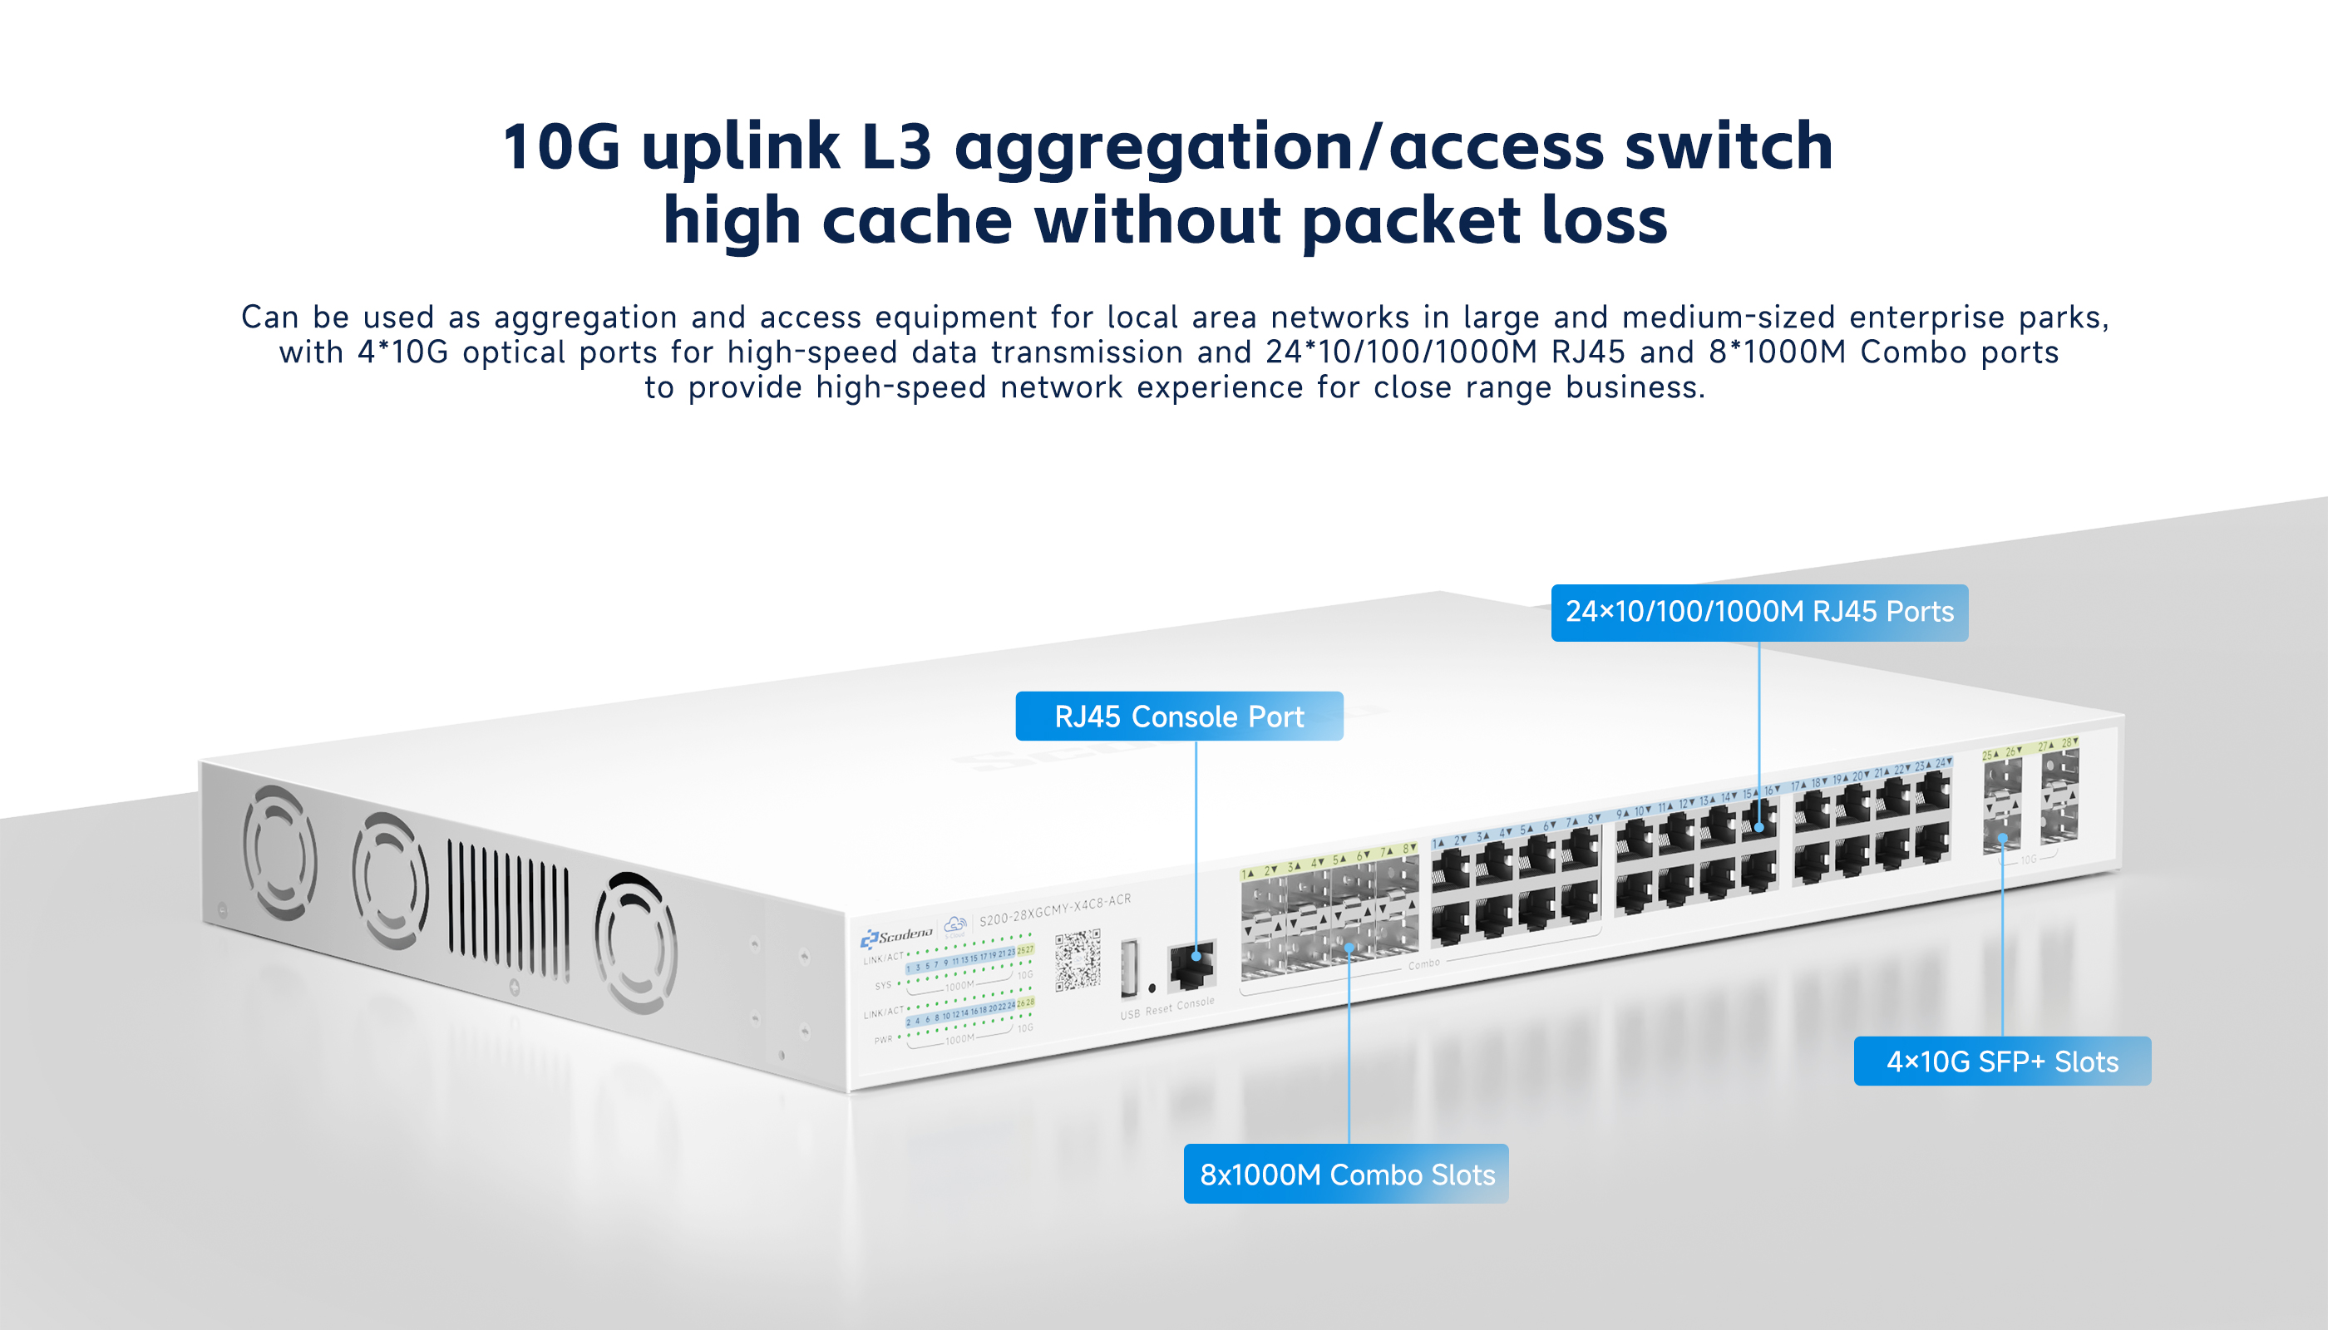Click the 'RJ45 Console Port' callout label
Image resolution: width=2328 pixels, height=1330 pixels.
(x=1179, y=717)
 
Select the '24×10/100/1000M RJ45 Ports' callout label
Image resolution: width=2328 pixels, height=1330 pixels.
(x=1758, y=612)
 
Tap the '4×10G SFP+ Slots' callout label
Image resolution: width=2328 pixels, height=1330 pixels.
(x=2002, y=1062)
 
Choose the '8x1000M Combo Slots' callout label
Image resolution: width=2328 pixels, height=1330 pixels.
(x=1347, y=1174)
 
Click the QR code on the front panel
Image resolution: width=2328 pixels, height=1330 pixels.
(x=1078, y=959)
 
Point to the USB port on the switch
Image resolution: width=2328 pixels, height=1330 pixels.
(x=1129, y=968)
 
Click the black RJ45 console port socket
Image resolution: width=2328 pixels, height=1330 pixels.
(x=1192, y=964)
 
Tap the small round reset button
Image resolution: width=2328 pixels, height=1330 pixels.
(x=1152, y=988)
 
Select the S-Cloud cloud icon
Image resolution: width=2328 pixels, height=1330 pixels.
(x=954, y=925)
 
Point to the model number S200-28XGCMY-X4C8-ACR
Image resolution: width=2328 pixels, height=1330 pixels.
(x=1055, y=909)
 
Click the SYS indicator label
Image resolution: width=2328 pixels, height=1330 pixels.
(x=883, y=986)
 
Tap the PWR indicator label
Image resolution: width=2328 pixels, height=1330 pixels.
(x=883, y=1040)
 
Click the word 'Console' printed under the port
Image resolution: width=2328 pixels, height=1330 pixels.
(x=1196, y=1003)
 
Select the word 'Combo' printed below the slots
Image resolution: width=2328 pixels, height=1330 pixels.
(x=1423, y=963)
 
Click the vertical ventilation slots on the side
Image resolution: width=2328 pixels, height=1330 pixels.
(x=508, y=913)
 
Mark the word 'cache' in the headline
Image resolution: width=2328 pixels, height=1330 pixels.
(x=916, y=221)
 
